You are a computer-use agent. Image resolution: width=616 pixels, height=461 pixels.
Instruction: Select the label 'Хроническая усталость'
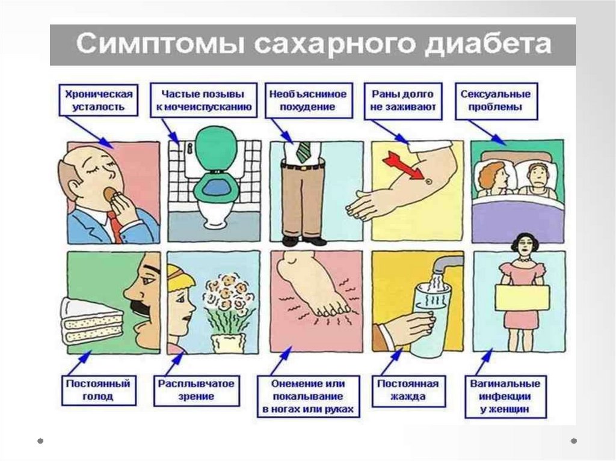pyautogui.click(x=96, y=100)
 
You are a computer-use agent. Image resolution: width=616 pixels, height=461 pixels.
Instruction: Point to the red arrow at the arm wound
pyautogui.click(x=404, y=165)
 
